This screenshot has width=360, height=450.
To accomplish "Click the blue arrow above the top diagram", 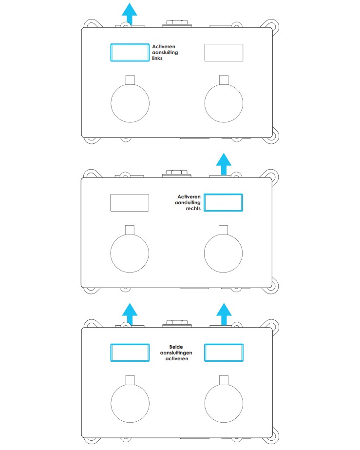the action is tap(130, 14).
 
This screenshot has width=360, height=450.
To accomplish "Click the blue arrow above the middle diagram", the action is tap(224, 164).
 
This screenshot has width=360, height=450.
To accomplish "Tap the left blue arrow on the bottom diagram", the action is tap(130, 314).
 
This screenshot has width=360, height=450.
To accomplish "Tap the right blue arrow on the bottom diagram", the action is tap(224, 314).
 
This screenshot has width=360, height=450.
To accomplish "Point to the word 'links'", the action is tap(157, 58).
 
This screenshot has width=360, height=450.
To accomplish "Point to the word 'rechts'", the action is tap(193, 208).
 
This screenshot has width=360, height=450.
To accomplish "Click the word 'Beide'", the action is tap(176, 347).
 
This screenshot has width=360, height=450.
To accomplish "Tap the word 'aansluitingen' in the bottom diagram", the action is tap(176, 352).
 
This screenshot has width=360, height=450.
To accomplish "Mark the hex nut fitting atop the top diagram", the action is tap(177, 23).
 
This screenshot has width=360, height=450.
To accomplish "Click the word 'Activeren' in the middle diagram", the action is tap(189, 196).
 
